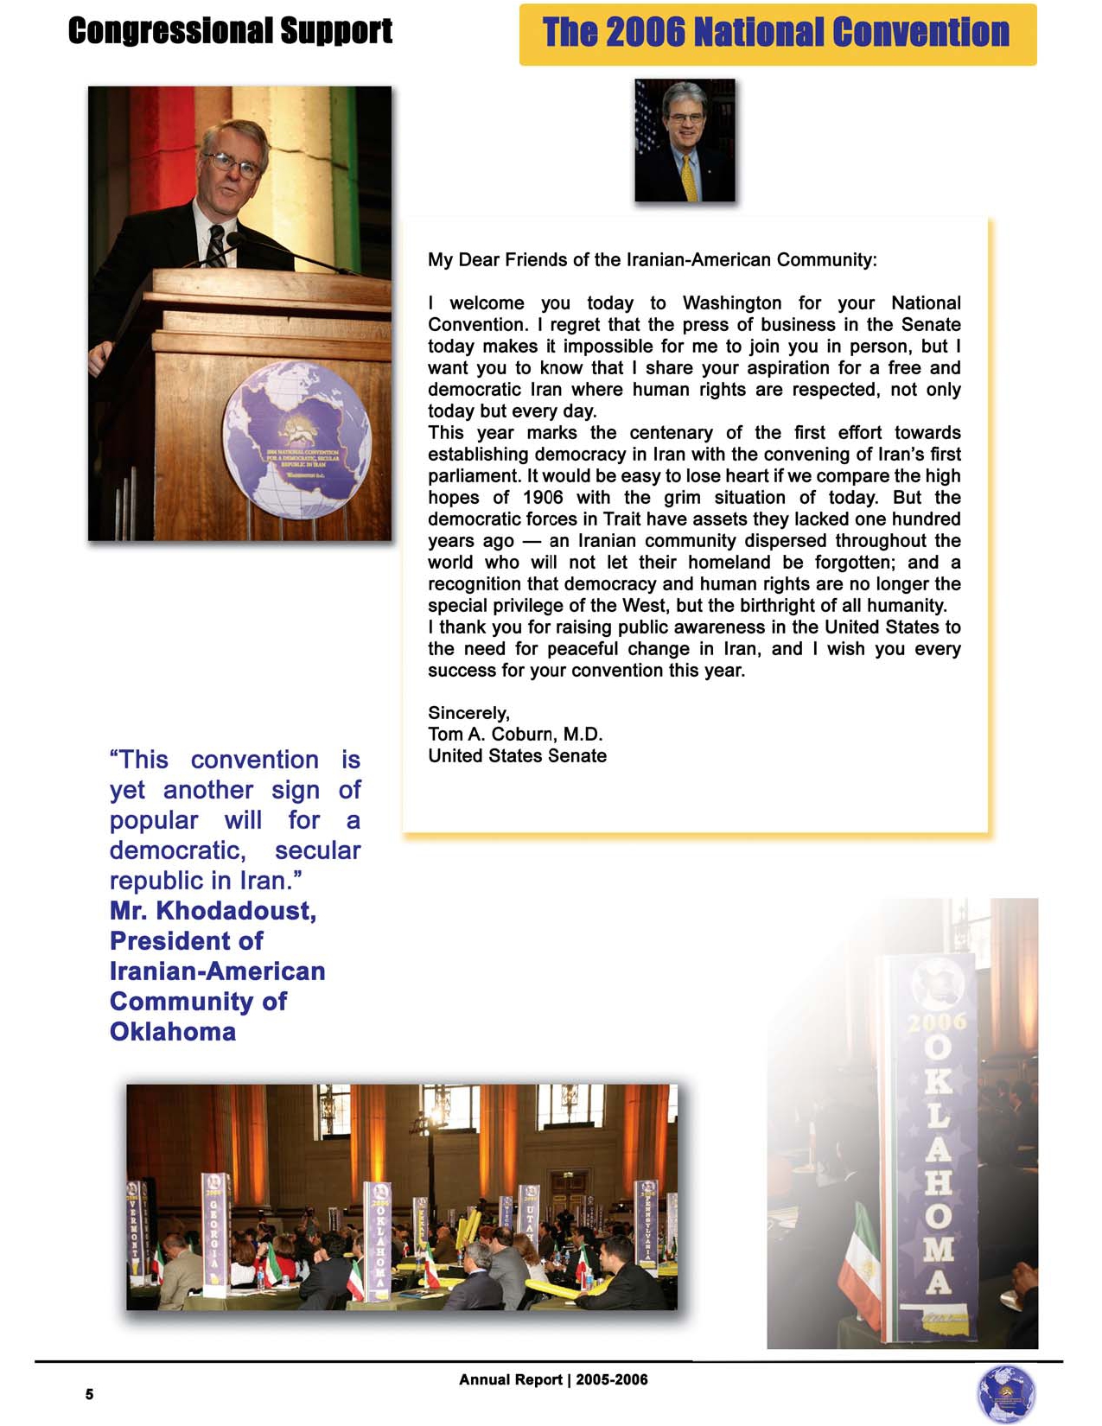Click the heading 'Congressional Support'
[230, 31]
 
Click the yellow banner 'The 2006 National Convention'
[776, 34]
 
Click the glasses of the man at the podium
[231, 162]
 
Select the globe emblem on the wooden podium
[296, 439]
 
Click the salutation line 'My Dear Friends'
[652, 260]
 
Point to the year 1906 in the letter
[543, 498]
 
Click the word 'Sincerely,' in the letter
[468, 713]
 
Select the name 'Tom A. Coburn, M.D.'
[515, 735]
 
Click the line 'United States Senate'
[517, 756]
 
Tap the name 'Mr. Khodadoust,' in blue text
[213, 911]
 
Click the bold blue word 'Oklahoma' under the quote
[173, 1032]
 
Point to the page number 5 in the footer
[89, 1394]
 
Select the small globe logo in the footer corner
[1005, 1393]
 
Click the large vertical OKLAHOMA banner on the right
[939, 1149]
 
